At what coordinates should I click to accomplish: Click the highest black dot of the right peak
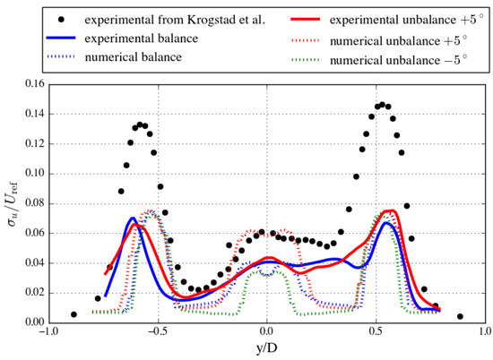click(382, 105)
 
